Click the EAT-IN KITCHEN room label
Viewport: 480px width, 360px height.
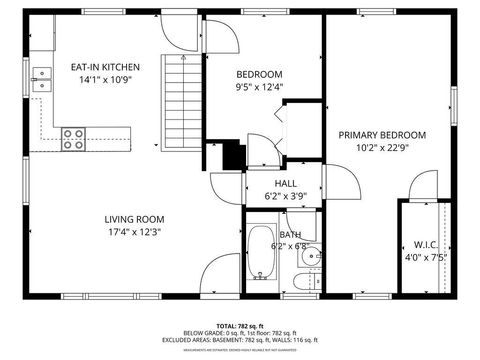pyautogui.click(x=104, y=67)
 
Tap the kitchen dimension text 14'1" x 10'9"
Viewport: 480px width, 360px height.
pyautogui.click(x=104, y=79)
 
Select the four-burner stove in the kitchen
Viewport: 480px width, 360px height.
pyautogui.click(x=73, y=139)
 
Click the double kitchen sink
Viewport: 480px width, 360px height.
pyautogui.click(x=41, y=78)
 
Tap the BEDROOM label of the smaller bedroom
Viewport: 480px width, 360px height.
pyautogui.click(x=259, y=74)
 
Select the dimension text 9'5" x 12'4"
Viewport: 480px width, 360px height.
pyautogui.click(x=259, y=86)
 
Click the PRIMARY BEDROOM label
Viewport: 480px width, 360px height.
pyautogui.click(x=381, y=135)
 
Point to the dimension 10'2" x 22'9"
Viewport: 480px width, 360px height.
pyautogui.click(x=381, y=147)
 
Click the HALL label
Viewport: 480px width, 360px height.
pyautogui.click(x=286, y=183)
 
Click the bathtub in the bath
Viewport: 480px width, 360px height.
pyautogui.click(x=262, y=253)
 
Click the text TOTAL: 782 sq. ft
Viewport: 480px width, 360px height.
pyautogui.click(x=240, y=326)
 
